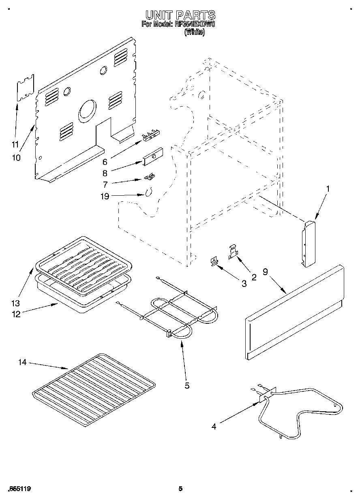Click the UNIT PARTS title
[180, 15]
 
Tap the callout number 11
[15, 143]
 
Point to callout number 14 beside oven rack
[22, 362]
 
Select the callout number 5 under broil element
[187, 385]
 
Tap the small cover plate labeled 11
[25, 87]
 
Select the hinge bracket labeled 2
[233, 251]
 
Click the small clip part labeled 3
[213, 262]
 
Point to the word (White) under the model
[194, 32]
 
